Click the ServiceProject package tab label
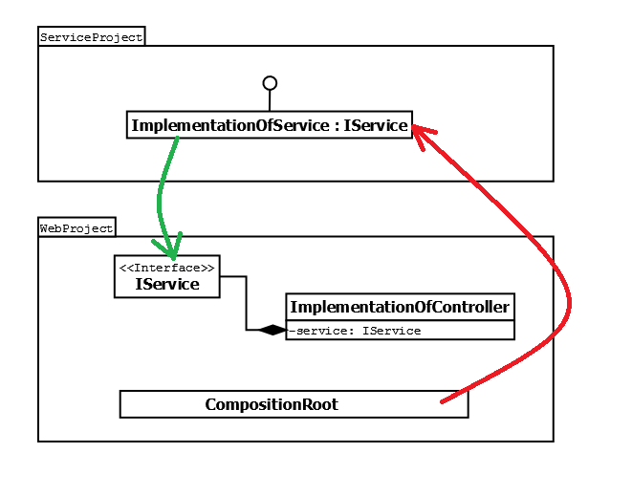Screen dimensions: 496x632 [x=91, y=37]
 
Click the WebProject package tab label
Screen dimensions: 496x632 [x=76, y=227]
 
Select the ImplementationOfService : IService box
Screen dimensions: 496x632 [x=270, y=125]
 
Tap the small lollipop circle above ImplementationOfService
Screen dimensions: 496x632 [x=270, y=83]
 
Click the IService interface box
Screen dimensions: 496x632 [x=167, y=277]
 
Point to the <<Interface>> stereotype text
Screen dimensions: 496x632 [x=167, y=268]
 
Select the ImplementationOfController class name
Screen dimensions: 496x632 [x=400, y=307]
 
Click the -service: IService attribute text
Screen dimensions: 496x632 [x=356, y=331]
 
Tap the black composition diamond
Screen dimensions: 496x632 [x=272, y=330]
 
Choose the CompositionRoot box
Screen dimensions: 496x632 [x=294, y=404]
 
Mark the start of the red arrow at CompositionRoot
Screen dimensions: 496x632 [x=443, y=401]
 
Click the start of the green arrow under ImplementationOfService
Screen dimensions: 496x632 [x=177, y=140]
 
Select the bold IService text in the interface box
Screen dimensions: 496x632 [x=167, y=285]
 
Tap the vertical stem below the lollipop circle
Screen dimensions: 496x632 [x=270, y=100]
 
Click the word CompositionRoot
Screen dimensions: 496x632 [x=272, y=404]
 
